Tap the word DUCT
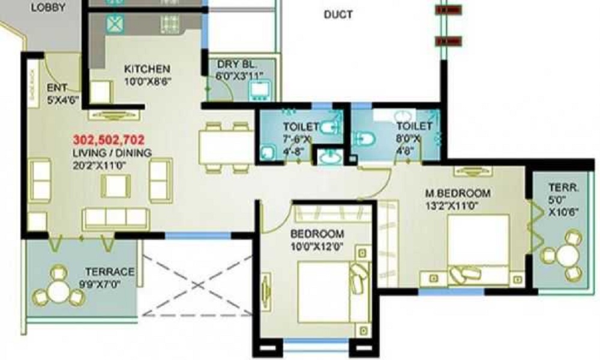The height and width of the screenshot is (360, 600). point(338,14)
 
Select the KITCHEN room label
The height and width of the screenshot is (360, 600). point(147,68)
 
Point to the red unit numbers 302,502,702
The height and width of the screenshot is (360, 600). point(109,140)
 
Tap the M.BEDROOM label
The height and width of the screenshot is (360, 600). point(458,193)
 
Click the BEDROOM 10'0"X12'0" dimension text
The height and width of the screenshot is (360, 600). point(317,246)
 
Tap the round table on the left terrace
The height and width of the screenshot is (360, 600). point(58,291)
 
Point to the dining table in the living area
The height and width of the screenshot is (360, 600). point(225,148)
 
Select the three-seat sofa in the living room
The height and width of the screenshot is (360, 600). point(115,219)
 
